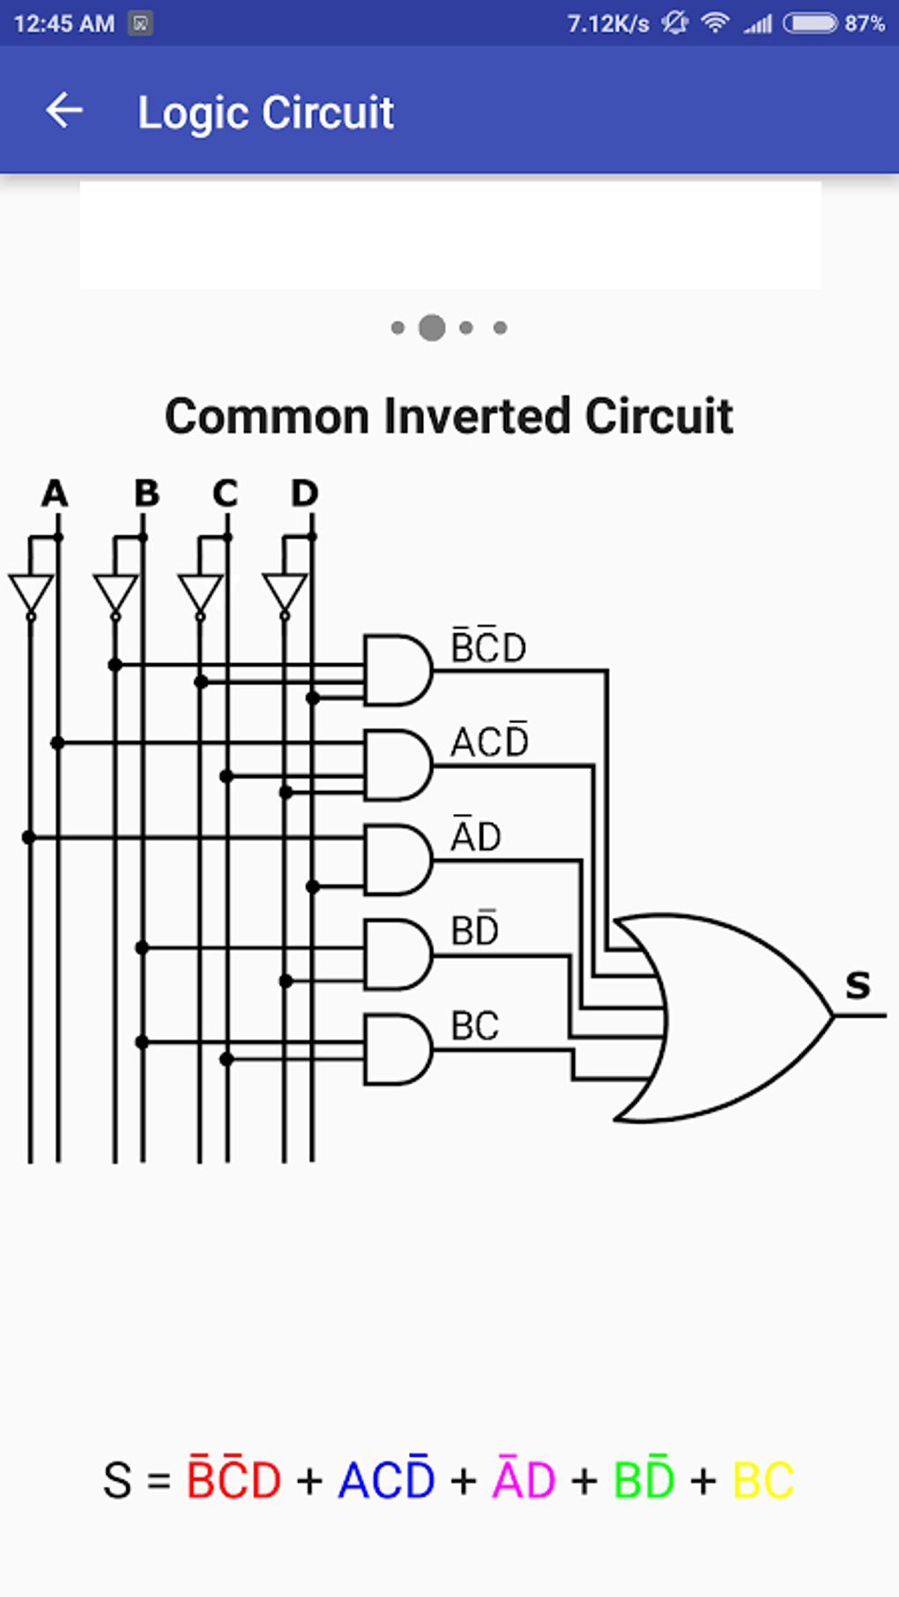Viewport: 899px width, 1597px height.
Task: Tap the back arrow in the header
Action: pos(64,111)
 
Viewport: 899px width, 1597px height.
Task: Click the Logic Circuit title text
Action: pos(265,113)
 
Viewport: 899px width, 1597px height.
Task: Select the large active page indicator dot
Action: pos(432,328)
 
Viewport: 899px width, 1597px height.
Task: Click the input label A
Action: pos(55,493)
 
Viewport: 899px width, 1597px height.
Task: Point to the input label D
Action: pos(304,493)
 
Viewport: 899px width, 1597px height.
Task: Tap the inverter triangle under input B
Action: pos(115,593)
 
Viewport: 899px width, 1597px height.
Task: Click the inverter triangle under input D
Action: pos(285,593)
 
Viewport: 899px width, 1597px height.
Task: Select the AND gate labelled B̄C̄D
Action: pos(397,670)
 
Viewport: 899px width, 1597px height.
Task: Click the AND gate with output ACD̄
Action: pos(397,765)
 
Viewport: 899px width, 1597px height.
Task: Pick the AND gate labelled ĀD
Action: pos(397,860)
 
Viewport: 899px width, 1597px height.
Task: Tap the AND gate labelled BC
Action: pos(397,1049)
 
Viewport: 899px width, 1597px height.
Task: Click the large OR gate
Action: pos(723,1017)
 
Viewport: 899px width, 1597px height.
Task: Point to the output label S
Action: pos(858,985)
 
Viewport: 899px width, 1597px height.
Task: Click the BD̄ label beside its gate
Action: pos(474,929)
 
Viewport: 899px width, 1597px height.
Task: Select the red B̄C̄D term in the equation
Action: pos(234,1479)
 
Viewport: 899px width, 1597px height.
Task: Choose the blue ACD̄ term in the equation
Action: pos(386,1479)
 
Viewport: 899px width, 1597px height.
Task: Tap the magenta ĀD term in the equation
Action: pos(524,1479)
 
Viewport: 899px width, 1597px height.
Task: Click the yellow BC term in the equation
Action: pos(763,1481)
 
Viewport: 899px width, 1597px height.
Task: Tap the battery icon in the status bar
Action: pos(810,23)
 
